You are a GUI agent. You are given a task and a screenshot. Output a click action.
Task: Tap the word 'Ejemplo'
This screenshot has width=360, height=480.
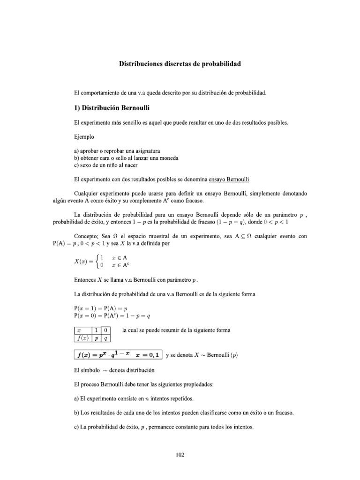click(84, 137)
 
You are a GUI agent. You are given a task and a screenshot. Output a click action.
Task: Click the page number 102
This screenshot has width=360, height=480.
click(180, 454)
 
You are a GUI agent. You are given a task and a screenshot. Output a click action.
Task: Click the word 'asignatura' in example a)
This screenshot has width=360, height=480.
click(145, 151)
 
